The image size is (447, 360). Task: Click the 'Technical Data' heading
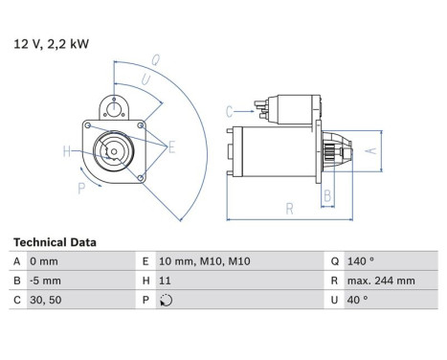point(55,243)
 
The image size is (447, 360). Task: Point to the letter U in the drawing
point(145,79)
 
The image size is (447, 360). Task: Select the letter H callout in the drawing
point(67,150)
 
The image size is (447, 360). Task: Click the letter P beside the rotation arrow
point(81,188)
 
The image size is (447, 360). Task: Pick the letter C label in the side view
point(230,112)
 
